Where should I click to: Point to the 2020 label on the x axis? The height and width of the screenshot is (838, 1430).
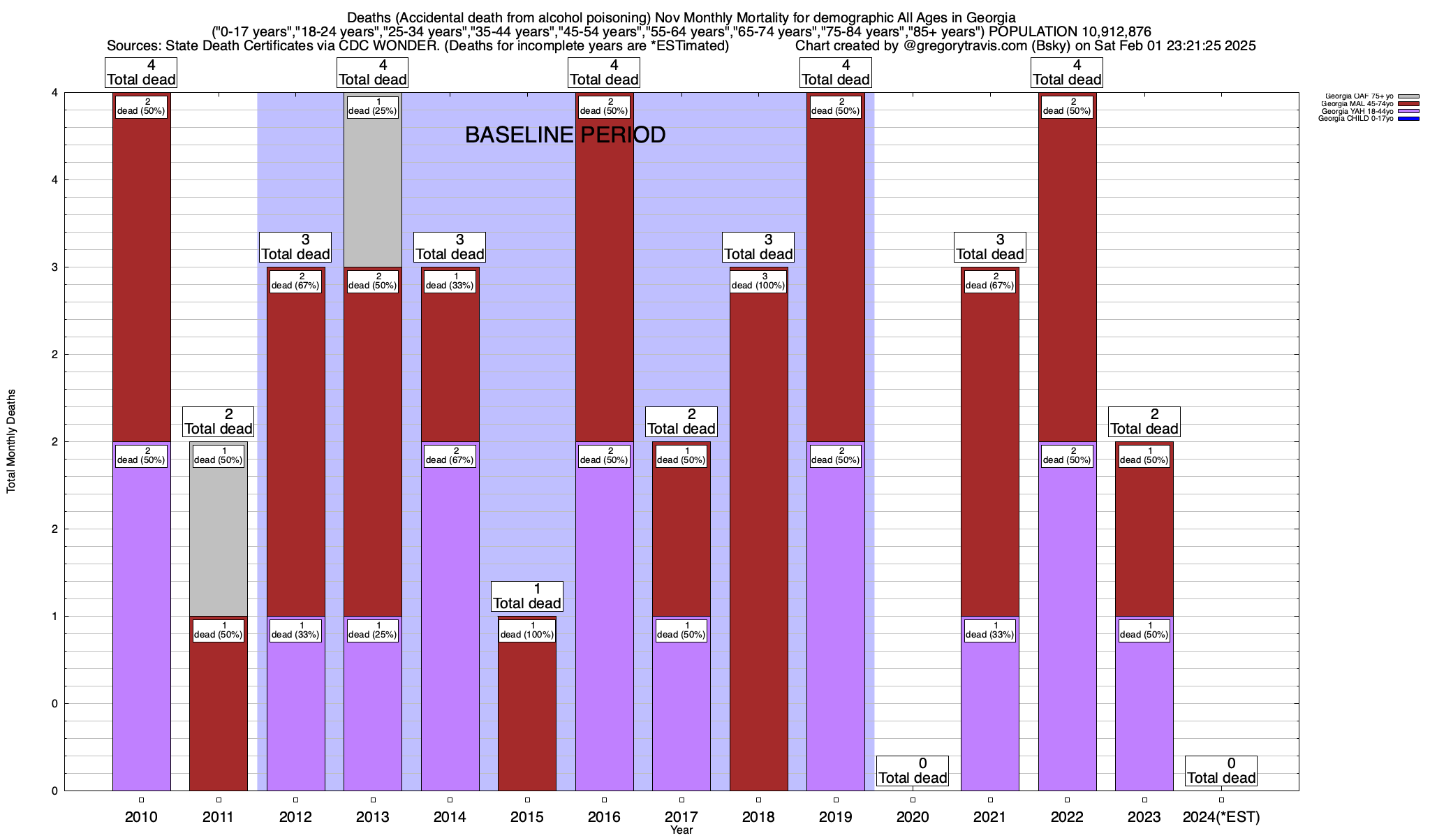coord(913,817)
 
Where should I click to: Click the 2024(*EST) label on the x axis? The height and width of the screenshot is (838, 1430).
coord(1221,817)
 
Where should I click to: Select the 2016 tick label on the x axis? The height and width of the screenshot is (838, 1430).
coord(604,817)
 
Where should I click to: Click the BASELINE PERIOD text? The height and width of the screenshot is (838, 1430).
coord(565,135)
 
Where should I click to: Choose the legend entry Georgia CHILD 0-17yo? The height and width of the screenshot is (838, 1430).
coord(1355,119)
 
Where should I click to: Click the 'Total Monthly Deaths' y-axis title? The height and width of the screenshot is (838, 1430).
coord(11,441)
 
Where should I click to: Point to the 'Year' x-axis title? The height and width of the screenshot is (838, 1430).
coord(681,830)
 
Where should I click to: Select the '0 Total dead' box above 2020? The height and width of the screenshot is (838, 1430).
coord(913,770)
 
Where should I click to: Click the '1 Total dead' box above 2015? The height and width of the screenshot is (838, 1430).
coord(527,596)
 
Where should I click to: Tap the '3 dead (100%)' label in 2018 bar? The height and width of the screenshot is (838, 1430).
coord(758,281)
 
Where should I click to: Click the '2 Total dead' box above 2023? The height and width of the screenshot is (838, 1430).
coord(1144,421)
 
